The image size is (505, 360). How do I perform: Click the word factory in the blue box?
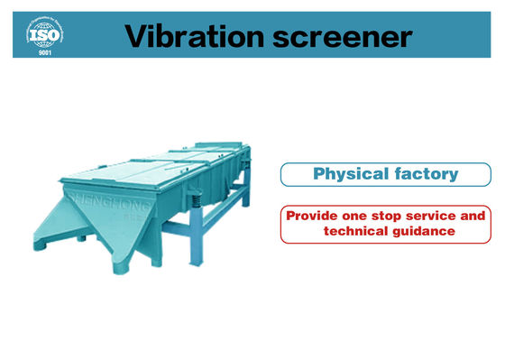424,173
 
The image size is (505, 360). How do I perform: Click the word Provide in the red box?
313,217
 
